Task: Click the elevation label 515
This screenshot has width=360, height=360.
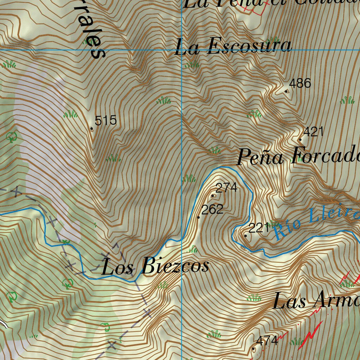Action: tap(105, 121)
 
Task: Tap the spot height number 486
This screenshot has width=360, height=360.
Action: tap(300, 84)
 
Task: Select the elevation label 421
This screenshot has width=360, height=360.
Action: tap(313, 132)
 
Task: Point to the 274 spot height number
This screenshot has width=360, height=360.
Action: tap(226, 188)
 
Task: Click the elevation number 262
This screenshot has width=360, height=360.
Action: tap(212, 210)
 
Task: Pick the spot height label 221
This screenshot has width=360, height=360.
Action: tap(259, 229)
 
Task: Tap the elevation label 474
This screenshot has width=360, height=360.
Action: tap(267, 341)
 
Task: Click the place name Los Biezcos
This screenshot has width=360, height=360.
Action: tap(155, 266)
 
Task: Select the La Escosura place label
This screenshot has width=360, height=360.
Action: tap(233, 47)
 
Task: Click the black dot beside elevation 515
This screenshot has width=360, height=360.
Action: tap(92, 129)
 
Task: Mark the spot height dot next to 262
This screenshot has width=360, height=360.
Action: tap(199, 217)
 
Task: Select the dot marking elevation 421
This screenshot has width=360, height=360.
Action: tap(300, 140)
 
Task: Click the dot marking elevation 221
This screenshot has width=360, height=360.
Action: tap(245, 236)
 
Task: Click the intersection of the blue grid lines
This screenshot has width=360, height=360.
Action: tap(181, 50)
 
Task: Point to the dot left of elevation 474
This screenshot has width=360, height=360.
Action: tap(254, 349)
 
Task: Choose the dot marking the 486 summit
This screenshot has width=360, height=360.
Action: tap(286, 91)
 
